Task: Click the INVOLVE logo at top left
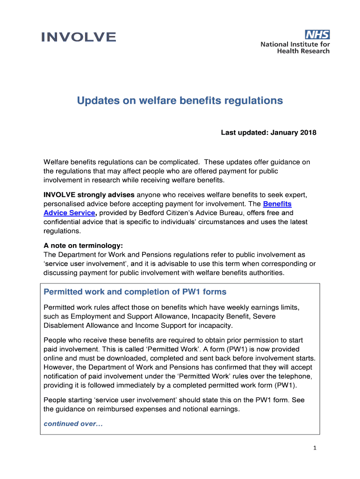click(x=78, y=37)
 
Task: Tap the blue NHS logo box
click(x=317, y=35)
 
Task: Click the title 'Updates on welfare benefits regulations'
click(x=180, y=101)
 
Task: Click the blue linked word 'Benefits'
click(x=277, y=204)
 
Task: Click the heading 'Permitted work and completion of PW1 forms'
click(x=135, y=292)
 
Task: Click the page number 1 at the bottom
click(x=315, y=448)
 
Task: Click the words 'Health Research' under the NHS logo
click(x=303, y=51)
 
